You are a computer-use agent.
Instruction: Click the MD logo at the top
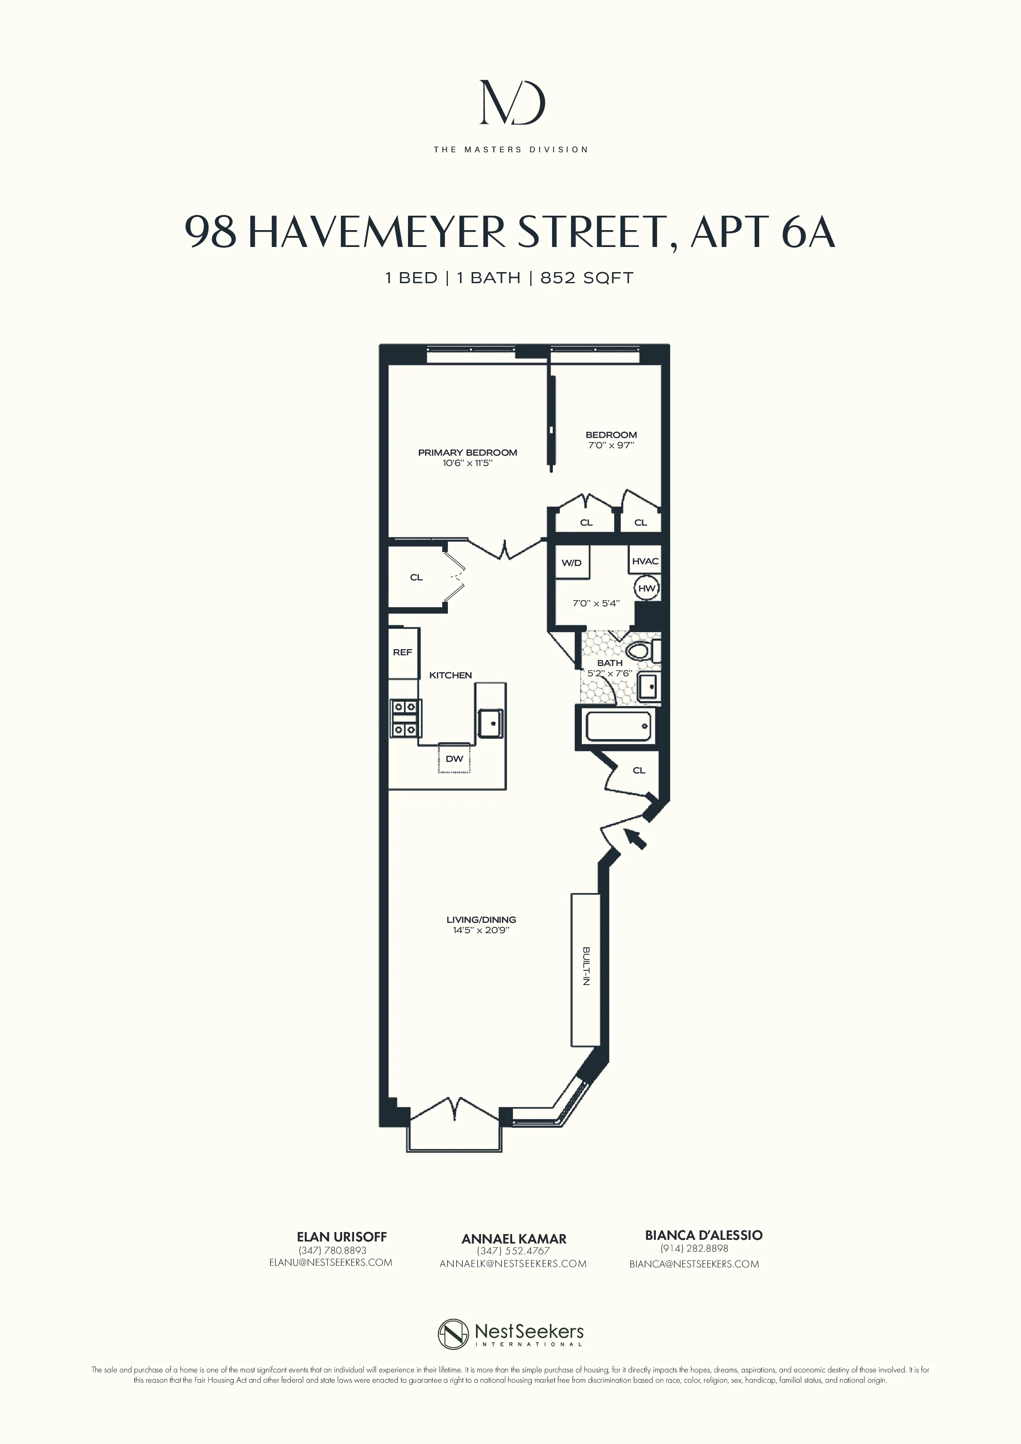(511, 102)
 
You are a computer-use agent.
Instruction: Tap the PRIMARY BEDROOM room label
(467, 452)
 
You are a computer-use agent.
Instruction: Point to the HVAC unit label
(645, 561)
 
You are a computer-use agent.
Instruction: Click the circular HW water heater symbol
(646, 589)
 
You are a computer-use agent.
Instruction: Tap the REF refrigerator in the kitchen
(403, 652)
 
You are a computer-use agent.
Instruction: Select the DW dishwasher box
(454, 759)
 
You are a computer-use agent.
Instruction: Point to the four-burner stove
(405, 718)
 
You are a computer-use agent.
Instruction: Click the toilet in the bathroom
(642, 651)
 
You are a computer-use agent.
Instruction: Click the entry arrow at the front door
(635, 838)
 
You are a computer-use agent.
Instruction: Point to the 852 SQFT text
(586, 278)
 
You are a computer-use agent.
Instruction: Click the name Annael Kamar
(513, 1238)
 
